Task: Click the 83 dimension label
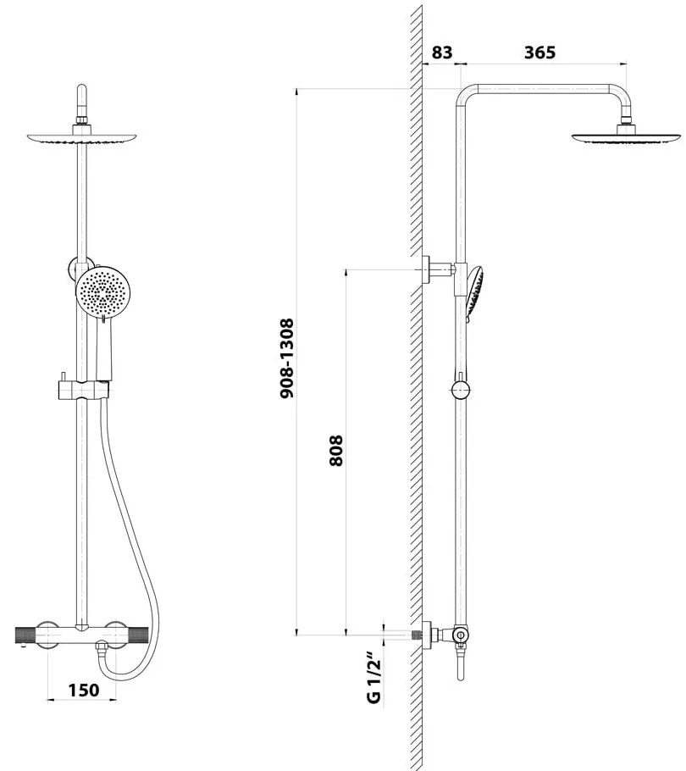[441, 52]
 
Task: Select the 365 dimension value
[539, 52]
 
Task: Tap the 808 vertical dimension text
[336, 452]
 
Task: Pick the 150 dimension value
[83, 690]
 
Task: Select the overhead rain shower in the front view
[81, 138]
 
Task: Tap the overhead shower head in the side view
[626, 137]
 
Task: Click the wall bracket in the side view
[437, 269]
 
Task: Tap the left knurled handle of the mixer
[32, 634]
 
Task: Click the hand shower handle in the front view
[103, 347]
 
